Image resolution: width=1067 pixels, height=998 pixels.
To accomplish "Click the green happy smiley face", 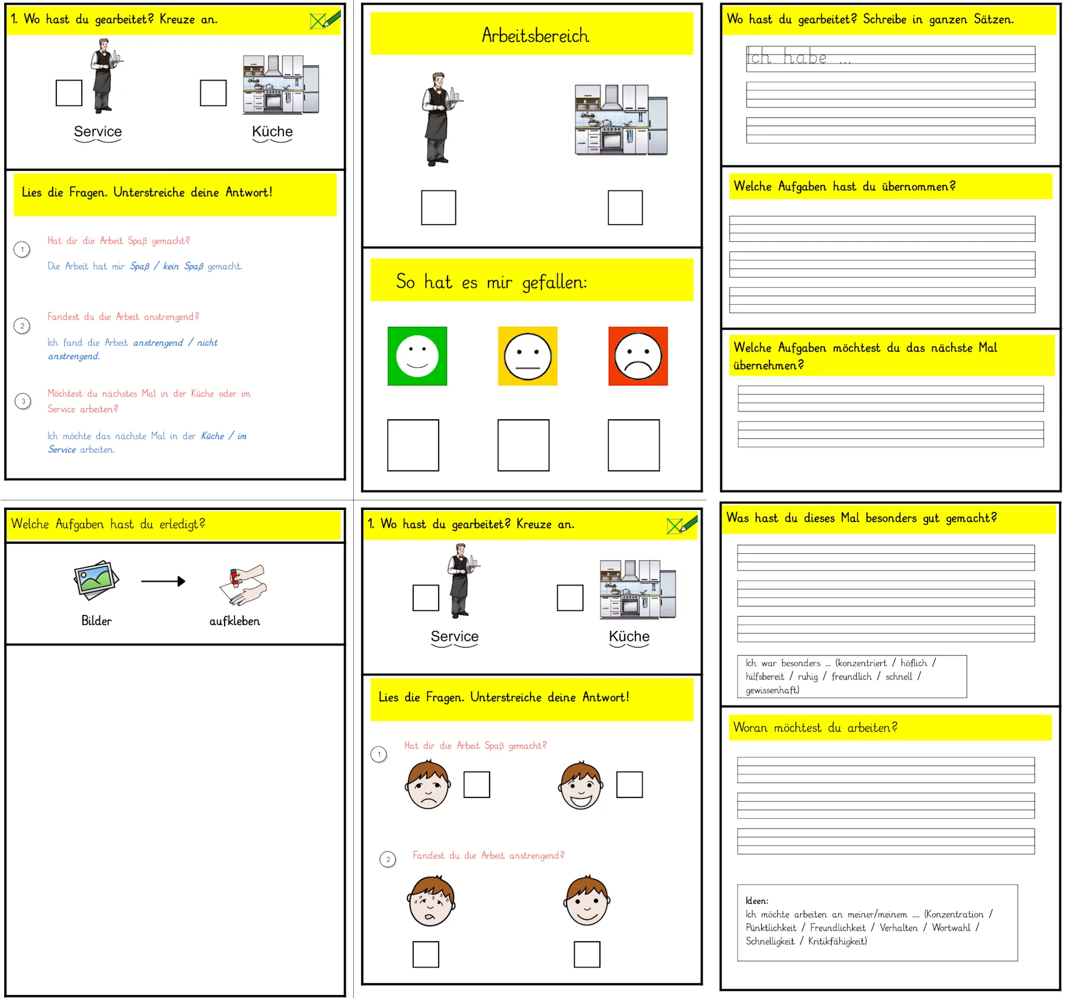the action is click(x=417, y=356).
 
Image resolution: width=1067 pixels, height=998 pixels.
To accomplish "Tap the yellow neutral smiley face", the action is click(x=528, y=356).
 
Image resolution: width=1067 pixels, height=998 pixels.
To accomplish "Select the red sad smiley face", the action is click(x=638, y=356).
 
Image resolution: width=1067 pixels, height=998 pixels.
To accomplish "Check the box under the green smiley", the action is click(x=413, y=445).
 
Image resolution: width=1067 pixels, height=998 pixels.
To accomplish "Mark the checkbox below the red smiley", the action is click(x=634, y=445).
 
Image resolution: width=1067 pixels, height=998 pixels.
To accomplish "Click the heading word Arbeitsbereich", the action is click(x=535, y=36).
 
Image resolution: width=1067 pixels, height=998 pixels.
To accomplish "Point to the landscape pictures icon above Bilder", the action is click(x=96, y=580).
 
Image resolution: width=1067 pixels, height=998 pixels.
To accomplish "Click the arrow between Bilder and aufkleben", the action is click(x=163, y=581).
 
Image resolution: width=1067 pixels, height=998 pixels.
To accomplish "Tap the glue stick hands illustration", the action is click(x=244, y=585).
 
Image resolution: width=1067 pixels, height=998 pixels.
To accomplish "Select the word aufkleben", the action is click(x=235, y=621).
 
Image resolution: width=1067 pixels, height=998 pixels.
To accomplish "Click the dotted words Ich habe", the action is click(x=787, y=57).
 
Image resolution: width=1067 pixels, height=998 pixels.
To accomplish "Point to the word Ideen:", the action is click(x=757, y=901).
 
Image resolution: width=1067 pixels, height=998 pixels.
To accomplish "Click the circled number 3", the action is click(x=23, y=401).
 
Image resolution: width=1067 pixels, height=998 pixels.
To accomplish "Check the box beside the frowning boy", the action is click(x=477, y=785).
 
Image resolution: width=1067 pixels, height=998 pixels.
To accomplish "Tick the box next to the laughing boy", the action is click(x=630, y=785).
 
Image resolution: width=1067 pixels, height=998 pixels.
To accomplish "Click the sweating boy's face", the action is click(x=432, y=900).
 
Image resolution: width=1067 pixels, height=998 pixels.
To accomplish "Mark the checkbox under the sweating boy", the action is click(x=426, y=954).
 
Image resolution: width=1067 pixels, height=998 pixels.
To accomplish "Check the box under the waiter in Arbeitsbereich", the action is click(x=439, y=208).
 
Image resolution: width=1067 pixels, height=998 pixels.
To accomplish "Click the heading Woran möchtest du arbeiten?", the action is click(x=815, y=728).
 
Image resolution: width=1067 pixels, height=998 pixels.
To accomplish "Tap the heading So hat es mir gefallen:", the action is click(x=491, y=282).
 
